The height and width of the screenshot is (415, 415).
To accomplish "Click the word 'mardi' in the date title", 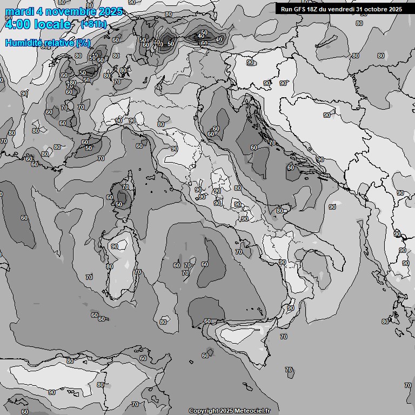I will (x=18, y=11).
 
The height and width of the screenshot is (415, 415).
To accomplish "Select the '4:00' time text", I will (x=16, y=24).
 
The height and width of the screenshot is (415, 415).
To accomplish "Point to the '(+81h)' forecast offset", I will (x=93, y=24).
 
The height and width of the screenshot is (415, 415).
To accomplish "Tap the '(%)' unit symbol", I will (x=83, y=43).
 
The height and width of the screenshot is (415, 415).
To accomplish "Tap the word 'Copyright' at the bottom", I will (x=203, y=411).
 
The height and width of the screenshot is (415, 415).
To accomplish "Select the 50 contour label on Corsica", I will (x=119, y=204).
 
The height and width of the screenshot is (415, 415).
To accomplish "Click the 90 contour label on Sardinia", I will (x=115, y=246).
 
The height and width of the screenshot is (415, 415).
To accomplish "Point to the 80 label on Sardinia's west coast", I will (x=110, y=266).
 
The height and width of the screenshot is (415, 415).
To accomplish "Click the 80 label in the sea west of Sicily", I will (x=163, y=322).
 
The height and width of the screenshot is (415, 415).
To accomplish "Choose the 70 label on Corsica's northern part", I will (x=125, y=187).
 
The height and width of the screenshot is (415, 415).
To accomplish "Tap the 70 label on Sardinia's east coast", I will (x=138, y=272).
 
